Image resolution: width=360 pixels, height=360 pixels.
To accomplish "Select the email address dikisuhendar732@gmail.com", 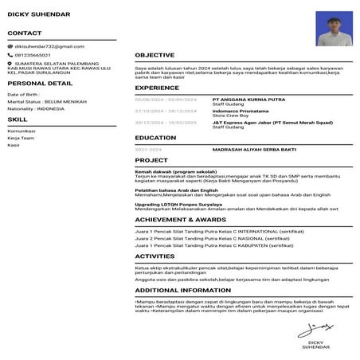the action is [49, 47].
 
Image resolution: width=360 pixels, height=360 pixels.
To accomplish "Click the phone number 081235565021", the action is [34, 54].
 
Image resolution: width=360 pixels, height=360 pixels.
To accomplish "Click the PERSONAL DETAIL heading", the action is [34, 83].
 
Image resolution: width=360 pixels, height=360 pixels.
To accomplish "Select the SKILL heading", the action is [17, 119].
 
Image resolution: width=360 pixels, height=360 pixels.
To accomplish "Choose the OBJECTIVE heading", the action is [155, 55].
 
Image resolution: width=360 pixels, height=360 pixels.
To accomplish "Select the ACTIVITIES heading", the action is [155, 256].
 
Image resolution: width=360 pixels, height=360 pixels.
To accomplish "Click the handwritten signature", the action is [319, 327].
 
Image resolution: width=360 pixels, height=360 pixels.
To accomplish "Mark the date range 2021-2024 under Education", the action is [148, 149].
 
